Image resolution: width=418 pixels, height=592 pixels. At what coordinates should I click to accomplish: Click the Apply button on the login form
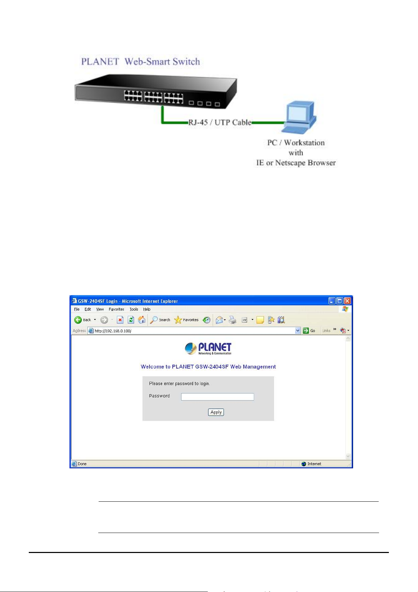tap(216, 412)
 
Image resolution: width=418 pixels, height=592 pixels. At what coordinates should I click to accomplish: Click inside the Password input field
tap(217, 397)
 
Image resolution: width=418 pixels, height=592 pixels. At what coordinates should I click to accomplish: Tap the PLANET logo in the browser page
tap(208, 348)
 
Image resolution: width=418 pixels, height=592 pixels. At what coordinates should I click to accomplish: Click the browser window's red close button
tap(347, 301)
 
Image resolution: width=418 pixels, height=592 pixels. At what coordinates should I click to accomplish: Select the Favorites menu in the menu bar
tap(116, 309)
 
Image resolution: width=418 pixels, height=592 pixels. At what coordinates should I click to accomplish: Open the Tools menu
tap(134, 309)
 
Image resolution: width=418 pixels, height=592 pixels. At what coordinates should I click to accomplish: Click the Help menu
tap(147, 309)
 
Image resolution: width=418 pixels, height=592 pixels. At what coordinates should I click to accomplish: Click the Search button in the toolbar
tap(160, 320)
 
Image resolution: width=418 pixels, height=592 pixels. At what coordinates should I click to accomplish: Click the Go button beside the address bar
tap(309, 331)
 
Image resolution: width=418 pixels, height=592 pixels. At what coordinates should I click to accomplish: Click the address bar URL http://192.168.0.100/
tap(113, 331)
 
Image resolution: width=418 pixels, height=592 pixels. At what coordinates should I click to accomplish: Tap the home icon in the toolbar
tap(142, 320)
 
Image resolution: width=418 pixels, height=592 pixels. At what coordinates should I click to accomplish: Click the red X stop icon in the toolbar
tap(120, 320)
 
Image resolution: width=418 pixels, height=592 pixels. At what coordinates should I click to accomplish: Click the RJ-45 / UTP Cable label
tap(220, 122)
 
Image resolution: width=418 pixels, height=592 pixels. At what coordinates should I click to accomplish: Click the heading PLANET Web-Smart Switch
tap(140, 61)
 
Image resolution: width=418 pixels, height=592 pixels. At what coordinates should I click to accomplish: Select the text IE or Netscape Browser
tap(296, 163)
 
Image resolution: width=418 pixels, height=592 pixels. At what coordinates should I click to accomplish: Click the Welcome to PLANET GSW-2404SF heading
tap(208, 366)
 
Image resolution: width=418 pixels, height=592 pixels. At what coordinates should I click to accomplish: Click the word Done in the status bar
tap(82, 464)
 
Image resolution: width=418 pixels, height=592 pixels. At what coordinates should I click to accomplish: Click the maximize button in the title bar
tap(339, 301)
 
